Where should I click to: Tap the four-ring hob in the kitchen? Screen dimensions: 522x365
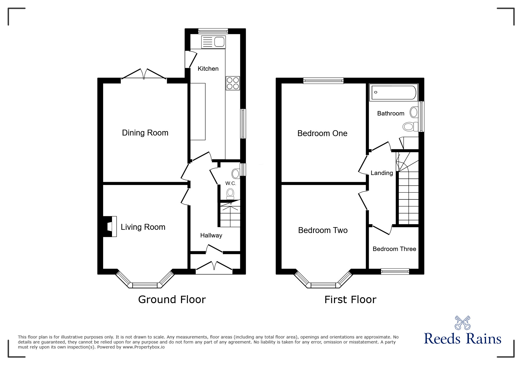(233, 83)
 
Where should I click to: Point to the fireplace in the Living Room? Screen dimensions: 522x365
(110, 226)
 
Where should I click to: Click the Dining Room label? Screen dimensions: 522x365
(145, 133)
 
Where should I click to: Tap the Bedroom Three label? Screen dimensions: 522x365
(394, 249)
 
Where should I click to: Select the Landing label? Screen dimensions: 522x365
(382, 173)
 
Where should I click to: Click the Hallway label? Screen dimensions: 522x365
(211, 235)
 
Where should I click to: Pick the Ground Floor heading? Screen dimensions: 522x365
(172, 300)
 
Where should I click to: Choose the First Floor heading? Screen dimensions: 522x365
(350, 300)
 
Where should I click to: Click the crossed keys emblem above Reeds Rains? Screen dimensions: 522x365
(462, 323)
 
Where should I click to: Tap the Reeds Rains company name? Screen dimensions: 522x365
(462, 339)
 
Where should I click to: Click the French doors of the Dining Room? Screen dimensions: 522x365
(144, 74)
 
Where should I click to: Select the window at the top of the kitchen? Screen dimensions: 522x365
(213, 31)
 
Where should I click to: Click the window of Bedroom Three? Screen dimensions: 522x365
(395, 271)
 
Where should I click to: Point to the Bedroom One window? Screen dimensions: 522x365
(323, 80)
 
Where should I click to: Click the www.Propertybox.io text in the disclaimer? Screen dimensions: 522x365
(144, 347)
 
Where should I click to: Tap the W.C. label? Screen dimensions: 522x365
(230, 183)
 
